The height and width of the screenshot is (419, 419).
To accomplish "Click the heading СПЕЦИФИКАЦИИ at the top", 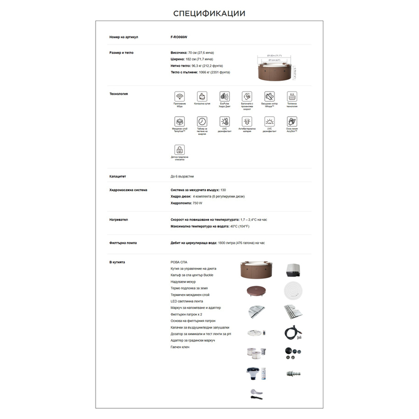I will click(x=209, y=13).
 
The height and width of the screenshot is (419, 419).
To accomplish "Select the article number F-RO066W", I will click(x=178, y=37).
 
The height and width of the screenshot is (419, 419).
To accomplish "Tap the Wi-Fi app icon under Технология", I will click(x=179, y=97).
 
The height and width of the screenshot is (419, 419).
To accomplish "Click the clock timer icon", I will click(x=202, y=121).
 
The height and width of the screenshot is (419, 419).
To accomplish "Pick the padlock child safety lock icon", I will click(x=179, y=150).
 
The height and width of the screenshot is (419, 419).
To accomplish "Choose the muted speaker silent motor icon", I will click(x=269, y=97).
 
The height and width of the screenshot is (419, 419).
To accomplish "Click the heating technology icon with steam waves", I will click(x=292, y=97).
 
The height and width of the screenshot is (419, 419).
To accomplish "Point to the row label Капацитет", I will click(x=118, y=176).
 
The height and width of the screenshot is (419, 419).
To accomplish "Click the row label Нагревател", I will click(x=119, y=220).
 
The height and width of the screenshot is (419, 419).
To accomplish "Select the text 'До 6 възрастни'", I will click(x=182, y=176).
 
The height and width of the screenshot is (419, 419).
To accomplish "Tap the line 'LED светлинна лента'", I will click(x=187, y=301).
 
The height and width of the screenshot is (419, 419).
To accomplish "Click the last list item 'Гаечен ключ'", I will click(x=180, y=347).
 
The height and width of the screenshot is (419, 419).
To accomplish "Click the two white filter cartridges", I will click(x=255, y=353).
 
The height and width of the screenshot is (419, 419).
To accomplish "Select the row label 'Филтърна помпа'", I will click(x=123, y=243).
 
